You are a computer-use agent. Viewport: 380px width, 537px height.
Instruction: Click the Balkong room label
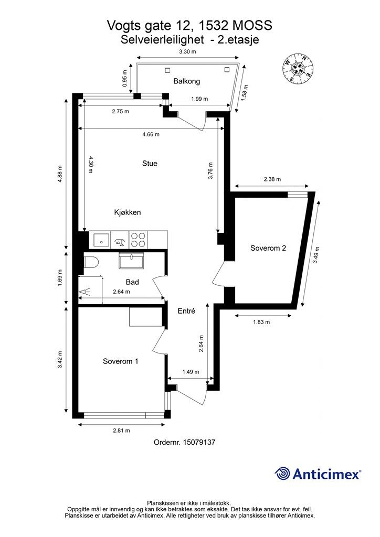186,81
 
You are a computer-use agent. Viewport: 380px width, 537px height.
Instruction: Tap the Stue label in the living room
150,164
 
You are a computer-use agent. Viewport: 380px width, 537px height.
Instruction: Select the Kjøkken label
128,212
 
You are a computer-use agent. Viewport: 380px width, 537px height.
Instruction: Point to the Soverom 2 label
268,248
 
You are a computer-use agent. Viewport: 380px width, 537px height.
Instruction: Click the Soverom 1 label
121,361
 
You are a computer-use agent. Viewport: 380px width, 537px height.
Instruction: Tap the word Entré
186,311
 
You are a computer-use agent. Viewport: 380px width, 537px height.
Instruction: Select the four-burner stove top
139,239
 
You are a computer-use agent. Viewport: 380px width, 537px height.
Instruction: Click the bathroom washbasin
132,261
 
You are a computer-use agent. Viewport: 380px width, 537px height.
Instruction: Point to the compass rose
298,69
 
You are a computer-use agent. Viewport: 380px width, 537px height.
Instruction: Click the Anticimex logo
318,474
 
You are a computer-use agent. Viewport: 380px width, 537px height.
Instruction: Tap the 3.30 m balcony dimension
188,52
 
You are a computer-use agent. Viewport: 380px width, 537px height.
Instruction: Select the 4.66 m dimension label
151,134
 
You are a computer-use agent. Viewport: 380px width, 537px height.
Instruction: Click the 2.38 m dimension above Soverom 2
272,179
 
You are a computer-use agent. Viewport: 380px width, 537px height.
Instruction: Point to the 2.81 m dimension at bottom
121,431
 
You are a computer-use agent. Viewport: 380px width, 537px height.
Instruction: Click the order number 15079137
199,442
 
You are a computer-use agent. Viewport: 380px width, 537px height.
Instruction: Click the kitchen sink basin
100,239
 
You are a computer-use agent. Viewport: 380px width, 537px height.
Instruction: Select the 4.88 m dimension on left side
60,174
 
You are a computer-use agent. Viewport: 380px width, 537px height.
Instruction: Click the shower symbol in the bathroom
85,292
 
